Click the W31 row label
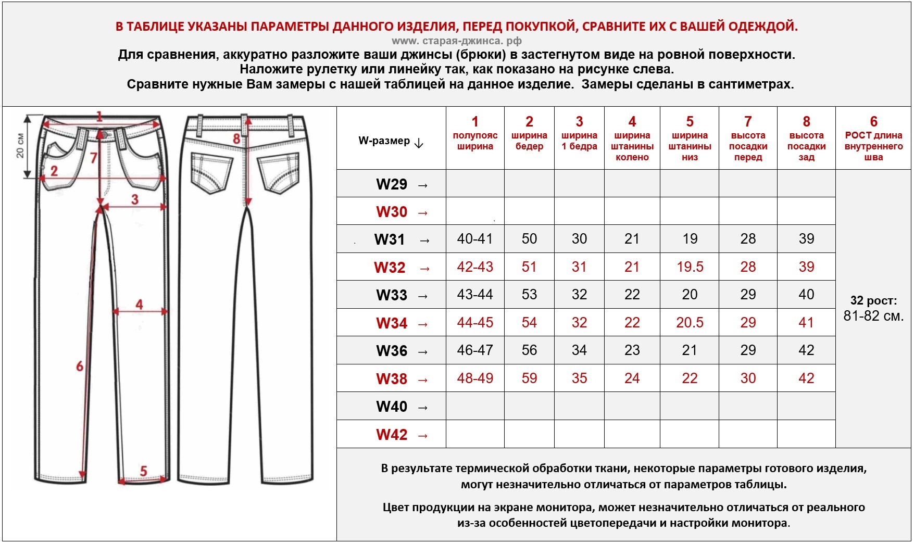click(x=390, y=239)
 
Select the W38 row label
click(x=392, y=378)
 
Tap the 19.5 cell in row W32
click(x=690, y=267)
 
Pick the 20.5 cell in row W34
click(x=690, y=323)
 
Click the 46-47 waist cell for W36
click(x=475, y=350)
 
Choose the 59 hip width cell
click(x=529, y=378)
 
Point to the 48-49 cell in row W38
click(x=475, y=378)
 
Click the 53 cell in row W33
click(x=529, y=295)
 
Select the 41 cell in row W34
click(x=806, y=323)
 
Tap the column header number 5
click(x=690, y=122)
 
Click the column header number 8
click(x=806, y=122)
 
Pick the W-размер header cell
click(x=391, y=141)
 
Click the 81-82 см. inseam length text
click(x=873, y=316)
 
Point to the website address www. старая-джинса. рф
click(x=456, y=41)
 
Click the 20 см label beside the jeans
click(x=20, y=146)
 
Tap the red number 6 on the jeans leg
click(x=80, y=366)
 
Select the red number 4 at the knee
click(x=139, y=304)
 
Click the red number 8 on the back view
click(x=236, y=139)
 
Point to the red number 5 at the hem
click(x=144, y=471)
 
